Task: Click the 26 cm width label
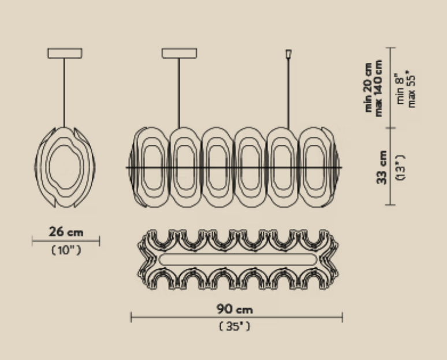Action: pos(66,232)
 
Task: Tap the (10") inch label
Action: pos(66,250)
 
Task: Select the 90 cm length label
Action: pos(234,309)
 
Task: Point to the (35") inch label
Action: pos(234,326)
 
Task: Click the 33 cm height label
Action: pos(382,167)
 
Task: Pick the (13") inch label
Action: pos(400,167)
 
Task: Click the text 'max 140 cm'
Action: pos(378,88)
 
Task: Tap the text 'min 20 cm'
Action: pos(368,88)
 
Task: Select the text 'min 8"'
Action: pos(400,89)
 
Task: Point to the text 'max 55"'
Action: pos(411,89)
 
